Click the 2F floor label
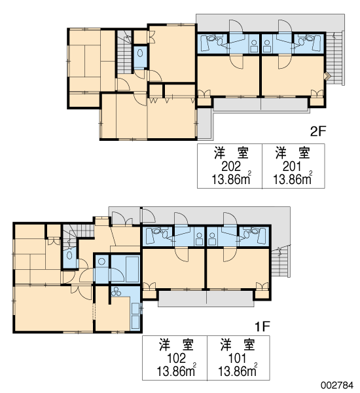(x=318, y=131)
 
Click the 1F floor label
(x=262, y=326)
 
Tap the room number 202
(x=231, y=166)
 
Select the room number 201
(x=292, y=166)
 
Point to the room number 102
(x=176, y=358)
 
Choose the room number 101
(x=237, y=358)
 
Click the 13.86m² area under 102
(x=176, y=371)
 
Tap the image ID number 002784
(x=337, y=385)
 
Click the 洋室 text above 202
(x=231, y=153)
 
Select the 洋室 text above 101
(x=238, y=345)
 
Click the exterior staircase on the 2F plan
(x=334, y=58)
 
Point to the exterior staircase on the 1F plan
(x=280, y=260)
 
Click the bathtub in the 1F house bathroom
(x=132, y=269)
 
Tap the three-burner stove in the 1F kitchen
(x=116, y=291)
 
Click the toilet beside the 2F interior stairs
(x=140, y=53)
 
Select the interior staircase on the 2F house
(x=124, y=52)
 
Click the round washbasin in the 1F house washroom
(x=101, y=261)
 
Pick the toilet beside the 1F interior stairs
(x=69, y=255)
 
